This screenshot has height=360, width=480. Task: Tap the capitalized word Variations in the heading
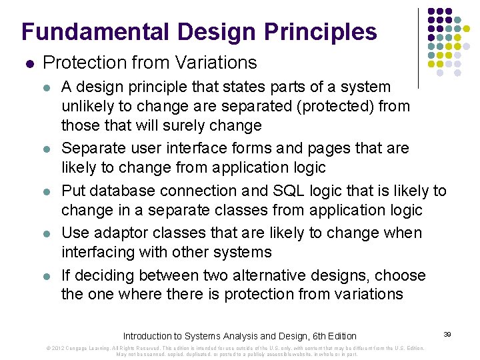(x=215, y=63)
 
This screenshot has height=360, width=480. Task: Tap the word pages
(x=318, y=148)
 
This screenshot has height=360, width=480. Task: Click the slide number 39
(x=447, y=333)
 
